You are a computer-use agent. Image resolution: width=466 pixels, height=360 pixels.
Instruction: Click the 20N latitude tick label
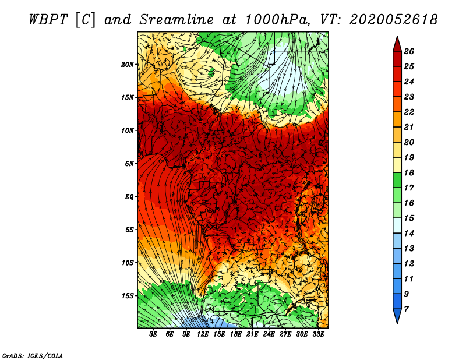127,65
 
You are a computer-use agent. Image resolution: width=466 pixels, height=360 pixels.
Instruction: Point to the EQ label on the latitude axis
129,197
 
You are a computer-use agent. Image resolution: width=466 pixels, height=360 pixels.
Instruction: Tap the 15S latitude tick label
127,296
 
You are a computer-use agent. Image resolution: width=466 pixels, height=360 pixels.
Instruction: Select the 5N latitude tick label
129,164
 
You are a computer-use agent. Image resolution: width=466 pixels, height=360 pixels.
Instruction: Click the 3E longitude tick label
153,334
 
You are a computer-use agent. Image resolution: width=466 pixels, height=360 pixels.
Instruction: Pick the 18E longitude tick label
236,334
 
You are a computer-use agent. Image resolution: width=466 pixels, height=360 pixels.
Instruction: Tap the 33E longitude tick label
318,334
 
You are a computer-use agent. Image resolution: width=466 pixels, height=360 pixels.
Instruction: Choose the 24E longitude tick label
269,334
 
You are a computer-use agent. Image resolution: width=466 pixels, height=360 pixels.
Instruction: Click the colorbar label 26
409,51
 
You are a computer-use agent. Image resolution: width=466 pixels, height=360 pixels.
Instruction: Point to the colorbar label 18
409,172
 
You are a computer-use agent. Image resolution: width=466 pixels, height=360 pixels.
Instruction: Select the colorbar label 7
406,309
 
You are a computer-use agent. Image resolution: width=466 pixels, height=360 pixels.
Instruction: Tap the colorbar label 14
409,234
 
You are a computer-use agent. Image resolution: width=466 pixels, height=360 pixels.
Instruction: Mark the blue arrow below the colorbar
397,315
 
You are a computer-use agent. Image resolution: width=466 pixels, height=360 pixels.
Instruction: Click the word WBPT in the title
48,20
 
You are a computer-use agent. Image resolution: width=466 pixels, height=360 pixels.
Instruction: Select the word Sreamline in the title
176,20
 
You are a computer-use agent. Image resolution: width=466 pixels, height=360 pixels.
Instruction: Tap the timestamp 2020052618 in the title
394,20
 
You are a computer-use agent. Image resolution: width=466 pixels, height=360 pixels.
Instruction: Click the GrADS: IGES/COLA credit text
33,356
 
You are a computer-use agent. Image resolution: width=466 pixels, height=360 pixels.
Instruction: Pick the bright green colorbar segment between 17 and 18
397,180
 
